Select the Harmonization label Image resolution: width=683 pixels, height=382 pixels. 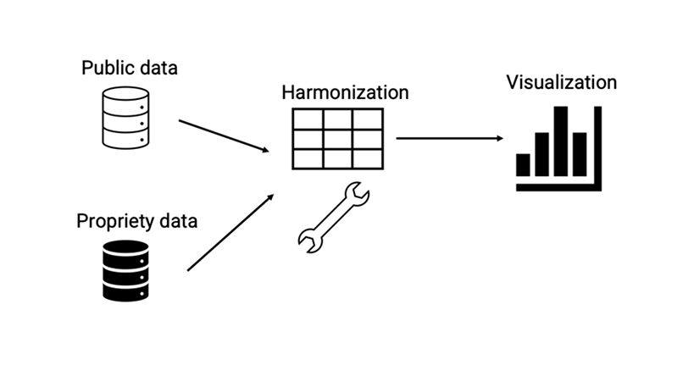tap(345, 92)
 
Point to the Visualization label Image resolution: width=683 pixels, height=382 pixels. tap(562, 82)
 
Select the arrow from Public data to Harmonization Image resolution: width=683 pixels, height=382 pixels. tap(224, 136)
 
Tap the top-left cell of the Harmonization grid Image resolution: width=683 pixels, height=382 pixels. tap(307, 119)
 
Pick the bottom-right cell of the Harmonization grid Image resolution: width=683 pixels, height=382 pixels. tap(366, 158)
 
